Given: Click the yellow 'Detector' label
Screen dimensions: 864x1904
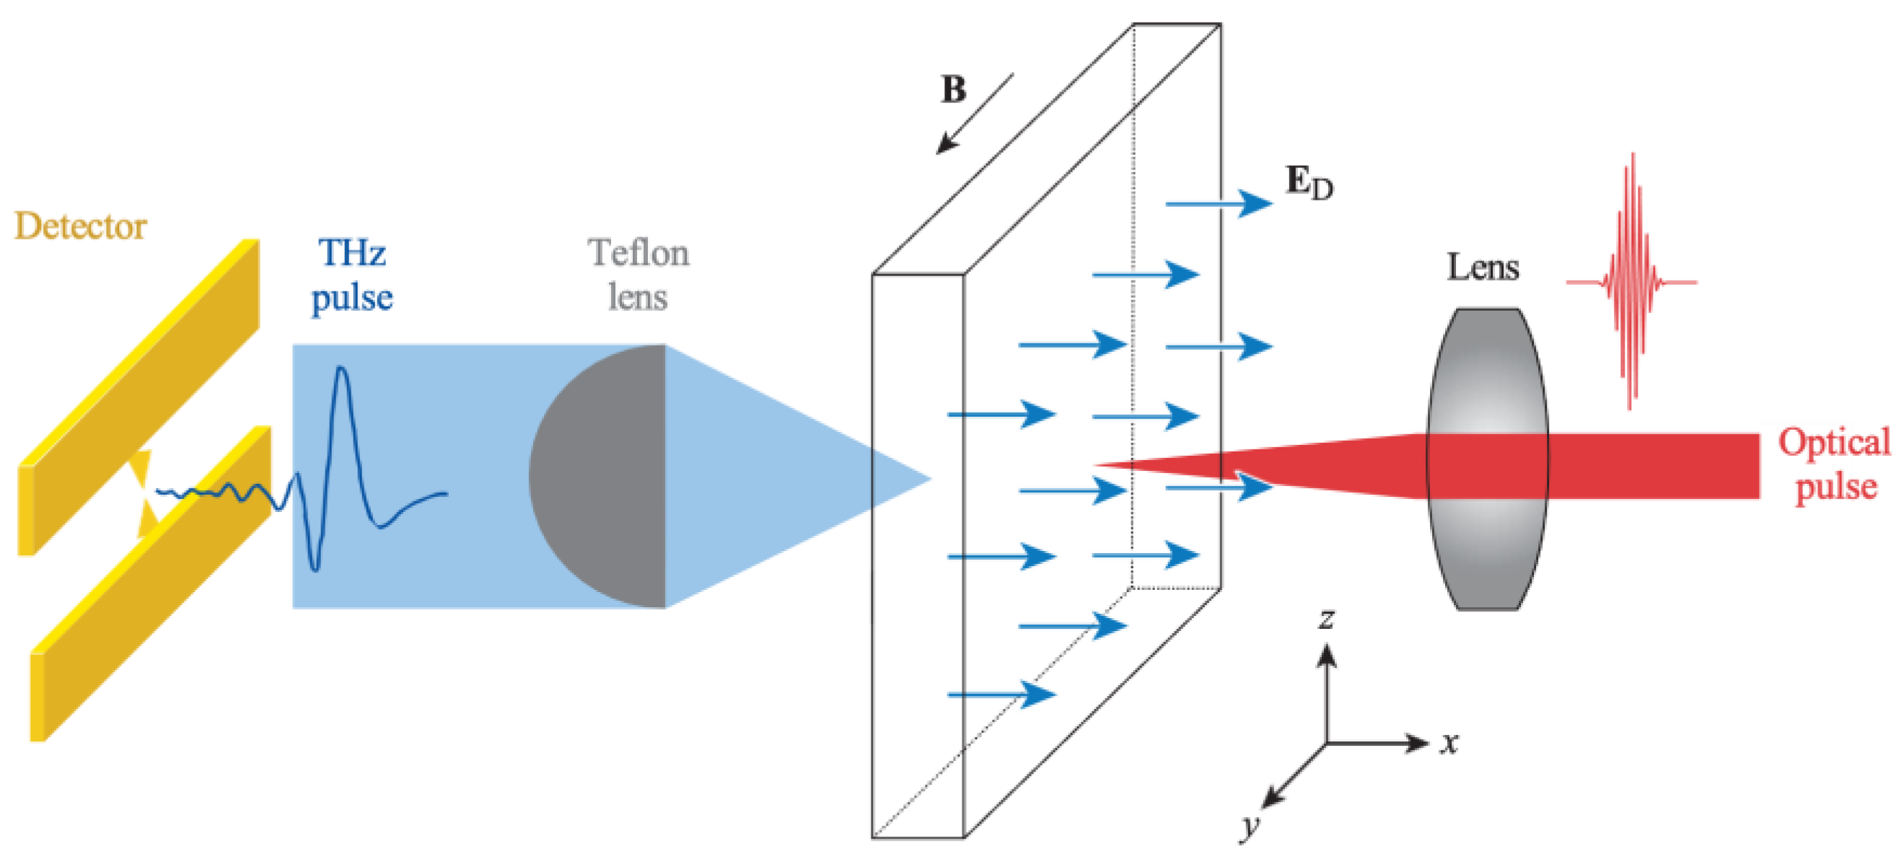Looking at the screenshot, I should (80, 226).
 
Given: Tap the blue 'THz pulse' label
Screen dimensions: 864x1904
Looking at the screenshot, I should (352, 275).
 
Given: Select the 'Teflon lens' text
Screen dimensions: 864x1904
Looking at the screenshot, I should (639, 275).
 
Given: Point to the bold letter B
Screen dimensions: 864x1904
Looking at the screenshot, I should (953, 89).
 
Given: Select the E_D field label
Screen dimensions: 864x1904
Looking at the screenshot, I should (1309, 182).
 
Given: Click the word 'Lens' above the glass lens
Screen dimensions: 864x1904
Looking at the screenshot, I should (1482, 267).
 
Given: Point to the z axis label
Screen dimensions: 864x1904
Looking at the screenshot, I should (1328, 618).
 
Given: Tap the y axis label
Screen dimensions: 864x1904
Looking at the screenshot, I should (1250, 826).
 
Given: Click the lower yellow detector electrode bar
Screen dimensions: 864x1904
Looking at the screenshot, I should (148, 584).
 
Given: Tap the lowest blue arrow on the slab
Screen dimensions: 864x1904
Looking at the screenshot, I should (1001, 694).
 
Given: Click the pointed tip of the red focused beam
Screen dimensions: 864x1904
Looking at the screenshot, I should (1098, 465).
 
